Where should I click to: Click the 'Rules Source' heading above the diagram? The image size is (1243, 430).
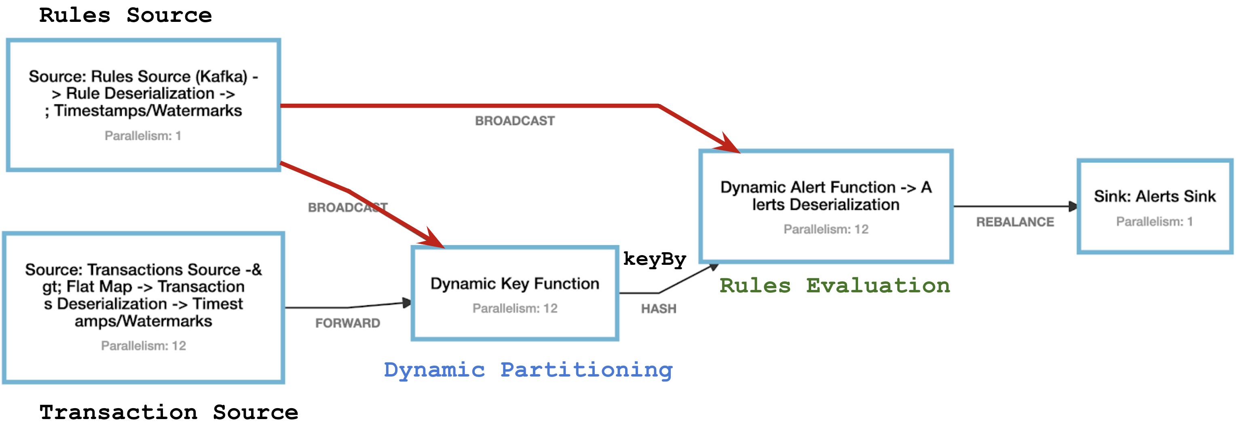coord(125,16)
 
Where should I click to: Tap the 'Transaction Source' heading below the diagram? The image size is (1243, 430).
coord(169,413)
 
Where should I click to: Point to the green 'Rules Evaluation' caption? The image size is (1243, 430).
coord(835,286)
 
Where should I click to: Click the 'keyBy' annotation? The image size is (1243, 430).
coord(654,260)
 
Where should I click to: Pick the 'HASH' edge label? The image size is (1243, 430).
coord(659,309)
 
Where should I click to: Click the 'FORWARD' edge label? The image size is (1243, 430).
coord(347,323)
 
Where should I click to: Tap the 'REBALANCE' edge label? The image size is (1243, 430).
coord(1015,222)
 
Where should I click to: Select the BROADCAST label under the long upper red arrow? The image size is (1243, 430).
coord(515,121)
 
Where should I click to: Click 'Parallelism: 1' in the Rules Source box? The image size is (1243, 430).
coord(143,136)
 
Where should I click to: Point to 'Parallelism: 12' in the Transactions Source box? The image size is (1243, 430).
coord(143,346)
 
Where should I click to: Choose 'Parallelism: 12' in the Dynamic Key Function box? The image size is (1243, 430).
coord(515,308)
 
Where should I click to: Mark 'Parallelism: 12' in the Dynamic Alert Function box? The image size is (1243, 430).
coord(826,229)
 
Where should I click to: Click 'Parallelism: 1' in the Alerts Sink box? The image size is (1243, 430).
coord(1154,222)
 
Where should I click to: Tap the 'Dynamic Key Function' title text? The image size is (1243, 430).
coord(515,283)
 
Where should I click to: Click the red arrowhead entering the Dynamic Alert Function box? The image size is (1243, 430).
coord(729,144)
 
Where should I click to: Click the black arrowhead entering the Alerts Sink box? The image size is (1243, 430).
coord(1072,207)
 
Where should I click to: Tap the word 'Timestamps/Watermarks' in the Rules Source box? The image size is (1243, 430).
coord(148,111)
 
